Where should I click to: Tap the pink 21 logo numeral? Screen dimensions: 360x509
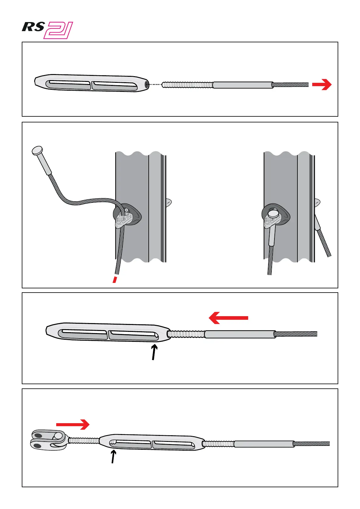(59, 31)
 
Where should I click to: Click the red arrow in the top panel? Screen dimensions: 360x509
(322, 85)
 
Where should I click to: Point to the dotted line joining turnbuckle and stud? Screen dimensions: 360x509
(155, 85)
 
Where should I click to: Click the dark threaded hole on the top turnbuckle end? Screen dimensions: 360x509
(147, 85)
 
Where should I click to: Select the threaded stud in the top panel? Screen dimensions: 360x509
(187, 85)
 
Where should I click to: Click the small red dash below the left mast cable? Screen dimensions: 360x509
(115, 279)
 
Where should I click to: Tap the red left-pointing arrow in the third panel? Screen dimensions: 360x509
(228, 318)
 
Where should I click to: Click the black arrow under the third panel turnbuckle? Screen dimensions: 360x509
(154, 353)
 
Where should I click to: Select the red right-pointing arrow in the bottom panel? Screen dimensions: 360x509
(73, 425)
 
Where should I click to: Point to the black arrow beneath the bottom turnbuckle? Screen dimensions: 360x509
(113, 456)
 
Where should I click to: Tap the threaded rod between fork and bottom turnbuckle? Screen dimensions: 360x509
(84, 441)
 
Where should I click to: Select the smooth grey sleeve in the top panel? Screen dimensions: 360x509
(243, 85)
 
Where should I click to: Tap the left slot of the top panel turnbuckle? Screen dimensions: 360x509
(69, 85)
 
